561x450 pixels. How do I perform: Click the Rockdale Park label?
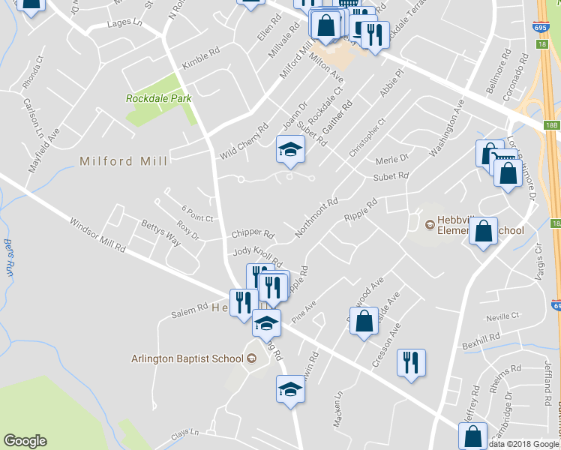[158, 98]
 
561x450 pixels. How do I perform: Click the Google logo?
[25, 442]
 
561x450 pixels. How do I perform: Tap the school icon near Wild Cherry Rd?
[290, 150]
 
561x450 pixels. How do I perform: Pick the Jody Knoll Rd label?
[257, 256]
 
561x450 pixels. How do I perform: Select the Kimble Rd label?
[201, 60]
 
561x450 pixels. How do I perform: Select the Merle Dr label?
[391, 159]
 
